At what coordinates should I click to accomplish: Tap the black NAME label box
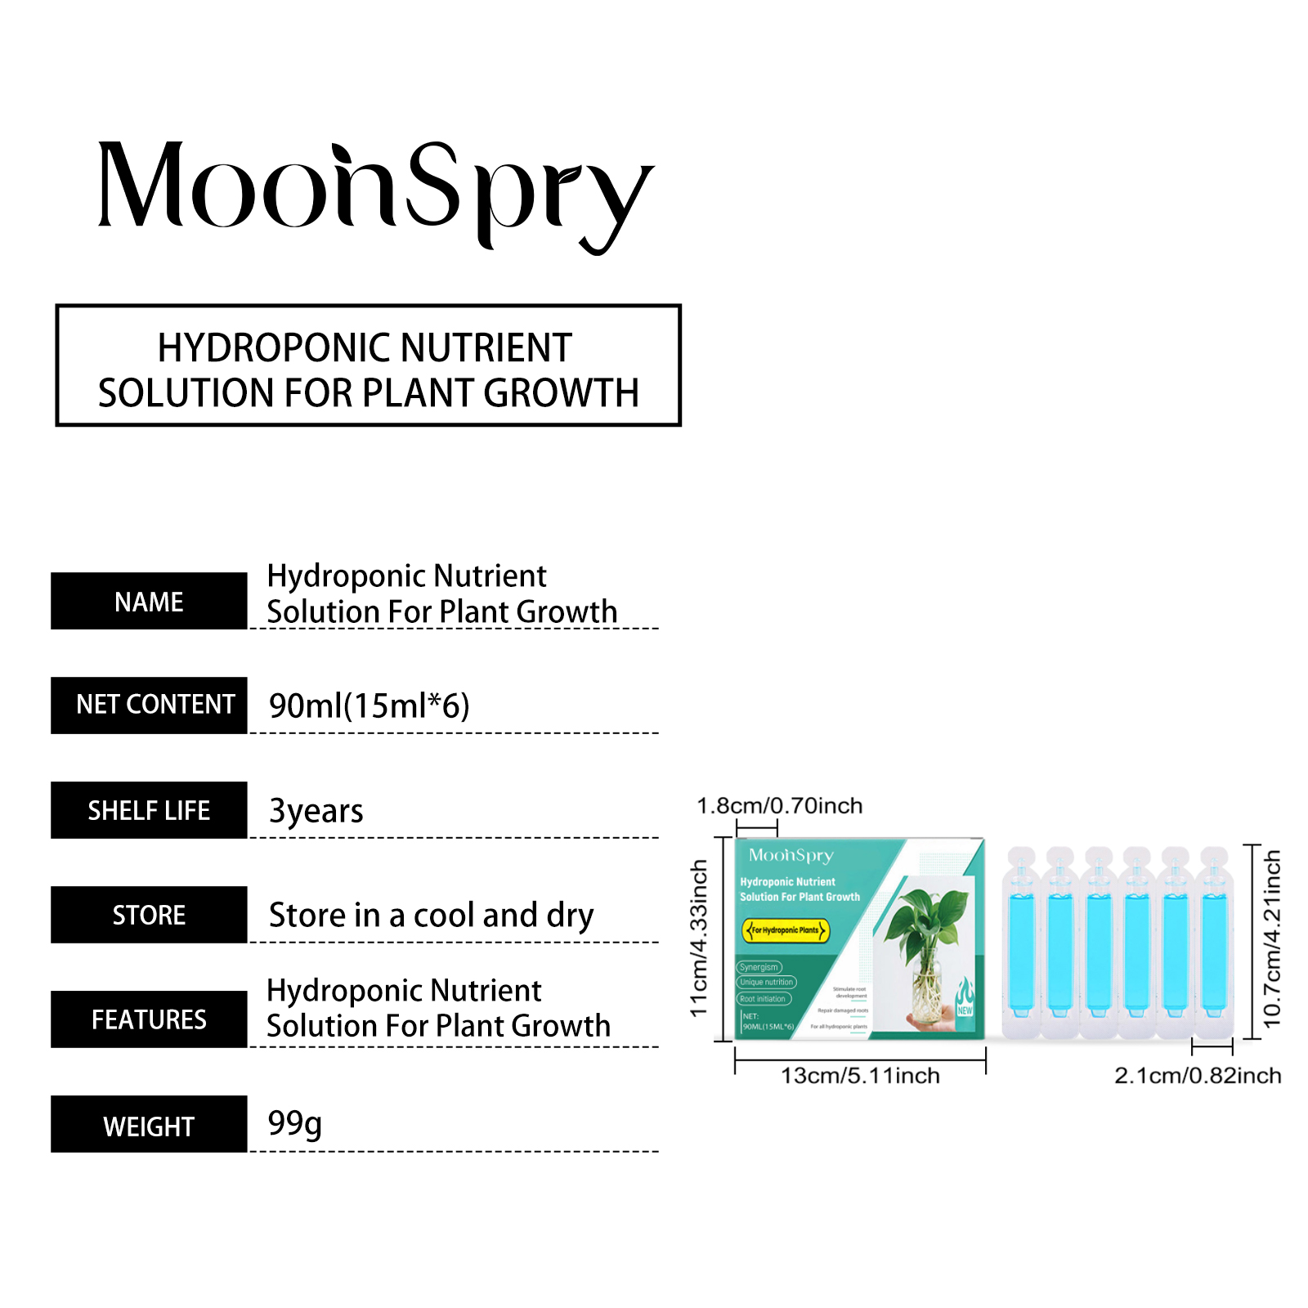(149, 601)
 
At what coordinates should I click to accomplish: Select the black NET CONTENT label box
(149, 705)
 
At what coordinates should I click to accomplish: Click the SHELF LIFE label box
(149, 810)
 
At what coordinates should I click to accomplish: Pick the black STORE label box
(149, 915)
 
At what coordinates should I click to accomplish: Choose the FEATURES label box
(149, 1019)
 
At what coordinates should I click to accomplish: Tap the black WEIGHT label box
(149, 1125)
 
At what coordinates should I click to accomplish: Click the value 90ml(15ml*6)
(370, 706)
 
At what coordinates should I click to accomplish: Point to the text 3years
(316, 810)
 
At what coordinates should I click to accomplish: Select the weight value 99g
(295, 1123)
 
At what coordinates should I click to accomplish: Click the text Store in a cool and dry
(431, 915)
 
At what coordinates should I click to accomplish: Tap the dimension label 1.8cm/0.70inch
(779, 806)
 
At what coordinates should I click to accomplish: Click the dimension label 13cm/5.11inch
(860, 1076)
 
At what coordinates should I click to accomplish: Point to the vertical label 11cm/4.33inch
(699, 938)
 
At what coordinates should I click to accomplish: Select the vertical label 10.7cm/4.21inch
(1273, 938)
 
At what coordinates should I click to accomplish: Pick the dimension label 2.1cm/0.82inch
(1198, 1076)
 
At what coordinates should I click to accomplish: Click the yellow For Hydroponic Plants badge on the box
(786, 930)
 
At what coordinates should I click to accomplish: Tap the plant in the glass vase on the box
(928, 948)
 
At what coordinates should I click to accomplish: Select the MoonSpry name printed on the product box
(791, 855)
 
